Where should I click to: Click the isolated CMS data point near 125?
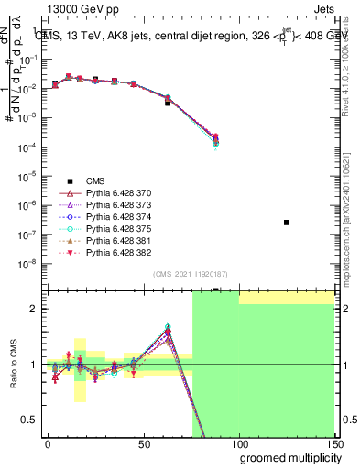click(x=287, y=223)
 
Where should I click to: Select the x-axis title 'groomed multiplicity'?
click(x=287, y=456)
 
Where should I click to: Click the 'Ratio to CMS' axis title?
click(x=13, y=365)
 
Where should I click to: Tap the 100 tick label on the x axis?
click(x=238, y=443)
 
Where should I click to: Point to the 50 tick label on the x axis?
click(x=143, y=443)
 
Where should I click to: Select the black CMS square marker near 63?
click(x=168, y=103)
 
